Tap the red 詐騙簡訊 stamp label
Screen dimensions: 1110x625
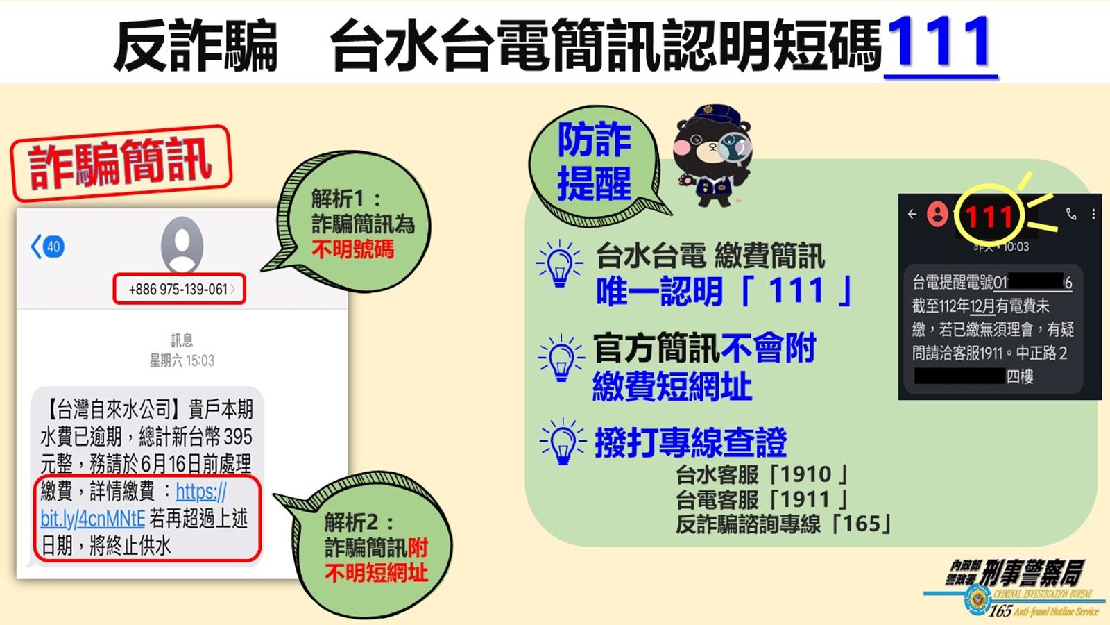coord(121,163)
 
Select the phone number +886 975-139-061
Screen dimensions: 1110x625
coord(178,289)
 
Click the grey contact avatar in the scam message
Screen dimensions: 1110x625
coord(182,244)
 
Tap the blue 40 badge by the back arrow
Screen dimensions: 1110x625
coord(53,247)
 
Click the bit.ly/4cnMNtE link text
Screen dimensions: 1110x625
coord(93,519)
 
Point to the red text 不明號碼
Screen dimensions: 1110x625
coord(353,249)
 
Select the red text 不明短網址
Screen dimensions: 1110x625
coord(377,574)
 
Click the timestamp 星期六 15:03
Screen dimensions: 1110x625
coord(182,360)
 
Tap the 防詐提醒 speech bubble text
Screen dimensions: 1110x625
coord(594,161)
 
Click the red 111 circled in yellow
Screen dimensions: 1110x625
coord(989,217)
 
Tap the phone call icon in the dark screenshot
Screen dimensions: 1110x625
coord(1071,214)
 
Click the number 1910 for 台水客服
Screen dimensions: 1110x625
coord(805,474)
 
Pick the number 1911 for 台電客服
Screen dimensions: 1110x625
coord(805,499)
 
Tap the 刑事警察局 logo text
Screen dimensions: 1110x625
coord(1033,573)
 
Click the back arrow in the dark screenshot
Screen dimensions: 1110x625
coord(912,214)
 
